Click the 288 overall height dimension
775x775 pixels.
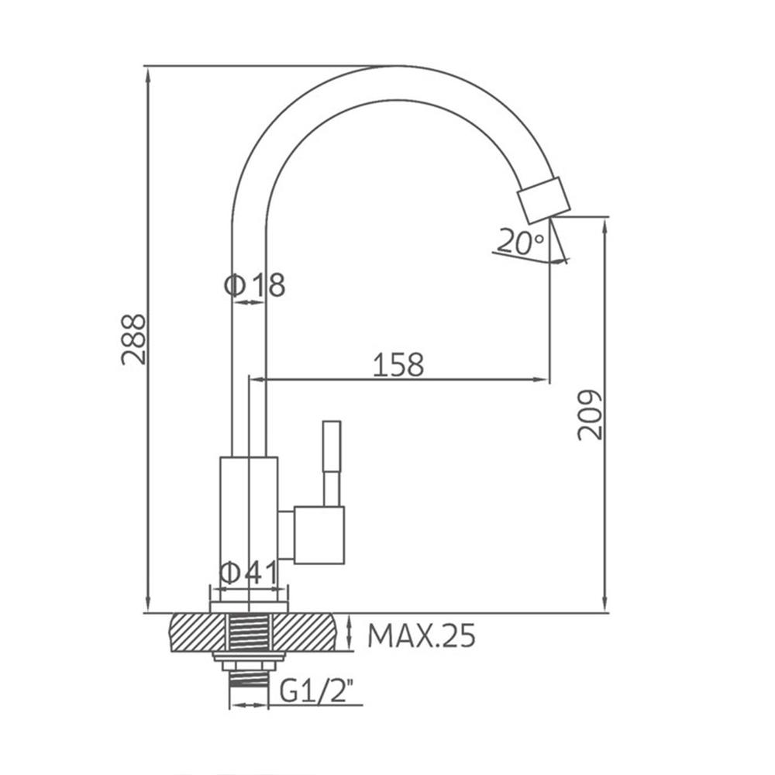click(x=134, y=339)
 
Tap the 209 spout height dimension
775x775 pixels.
click(x=591, y=415)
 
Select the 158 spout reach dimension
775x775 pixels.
click(x=398, y=364)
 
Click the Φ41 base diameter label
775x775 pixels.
click(x=250, y=573)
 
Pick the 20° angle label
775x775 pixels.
click(x=520, y=242)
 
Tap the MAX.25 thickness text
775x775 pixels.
click(x=422, y=635)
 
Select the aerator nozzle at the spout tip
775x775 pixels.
click(x=544, y=200)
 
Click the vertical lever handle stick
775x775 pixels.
click(x=332, y=463)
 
